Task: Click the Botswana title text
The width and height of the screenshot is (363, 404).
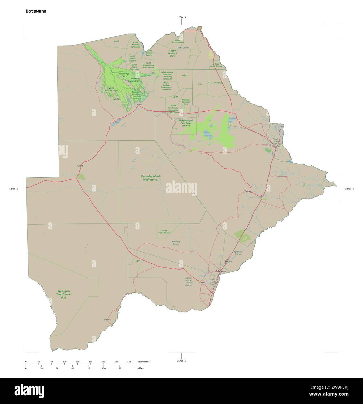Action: [36, 11]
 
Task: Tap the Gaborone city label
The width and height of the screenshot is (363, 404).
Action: [220, 271]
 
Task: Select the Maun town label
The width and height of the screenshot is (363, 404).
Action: [140, 104]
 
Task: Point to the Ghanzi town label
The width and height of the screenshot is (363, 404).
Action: [80, 166]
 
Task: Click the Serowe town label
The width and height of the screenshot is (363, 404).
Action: [248, 191]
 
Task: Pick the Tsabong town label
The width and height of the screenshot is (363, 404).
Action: [107, 320]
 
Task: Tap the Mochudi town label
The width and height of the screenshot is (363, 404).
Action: [229, 262]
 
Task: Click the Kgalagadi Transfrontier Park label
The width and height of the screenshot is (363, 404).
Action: [64, 294]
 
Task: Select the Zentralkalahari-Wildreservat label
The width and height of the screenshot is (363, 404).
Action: [151, 178]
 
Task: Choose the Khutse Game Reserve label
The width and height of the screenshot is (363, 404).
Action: [164, 232]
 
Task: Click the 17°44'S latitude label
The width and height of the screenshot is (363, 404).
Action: [181, 17]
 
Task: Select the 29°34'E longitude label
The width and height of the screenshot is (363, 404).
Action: [349, 189]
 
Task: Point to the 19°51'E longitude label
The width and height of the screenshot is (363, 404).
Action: [13, 189]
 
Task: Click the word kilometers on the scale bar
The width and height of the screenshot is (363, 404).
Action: [144, 362]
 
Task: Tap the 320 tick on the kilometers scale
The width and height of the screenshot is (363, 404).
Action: [129, 362]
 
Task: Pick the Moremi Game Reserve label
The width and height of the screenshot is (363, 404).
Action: [135, 80]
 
